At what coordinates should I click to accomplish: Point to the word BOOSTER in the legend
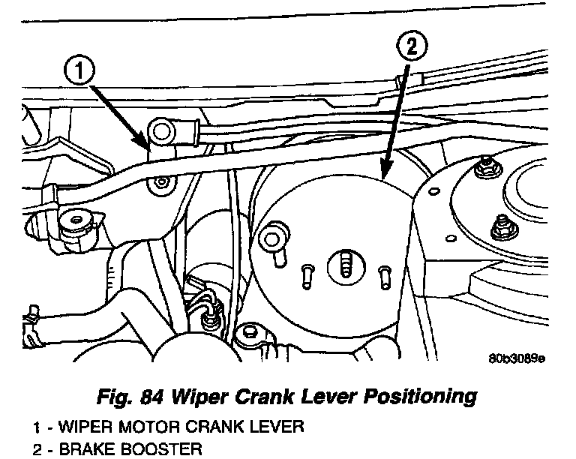[x=145, y=449]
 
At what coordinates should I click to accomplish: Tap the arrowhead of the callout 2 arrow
[x=384, y=174]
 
